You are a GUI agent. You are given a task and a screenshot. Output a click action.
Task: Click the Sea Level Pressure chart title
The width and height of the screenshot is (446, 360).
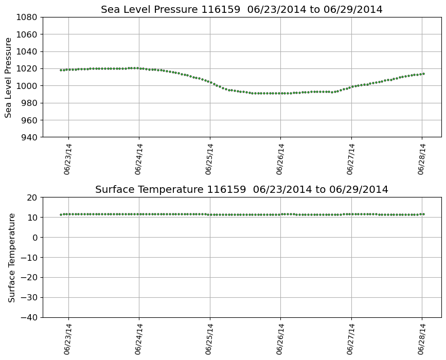[x=241, y=10]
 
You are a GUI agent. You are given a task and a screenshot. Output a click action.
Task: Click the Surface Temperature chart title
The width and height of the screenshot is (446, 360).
[x=241, y=190]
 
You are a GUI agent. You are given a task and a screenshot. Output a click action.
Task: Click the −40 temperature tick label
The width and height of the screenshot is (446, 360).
[x=29, y=317]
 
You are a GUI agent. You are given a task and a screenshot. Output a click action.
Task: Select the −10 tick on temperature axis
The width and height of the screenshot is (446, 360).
[x=29, y=257]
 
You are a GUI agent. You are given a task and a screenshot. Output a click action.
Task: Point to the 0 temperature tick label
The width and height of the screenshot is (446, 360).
[x=35, y=238]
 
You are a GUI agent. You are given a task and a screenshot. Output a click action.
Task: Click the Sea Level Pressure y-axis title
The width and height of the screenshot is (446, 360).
[x=9, y=77]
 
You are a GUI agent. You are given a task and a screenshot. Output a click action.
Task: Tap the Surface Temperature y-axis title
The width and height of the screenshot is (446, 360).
[x=11, y=257]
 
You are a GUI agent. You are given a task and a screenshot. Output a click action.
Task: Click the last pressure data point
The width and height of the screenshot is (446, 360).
[x=423, y=74]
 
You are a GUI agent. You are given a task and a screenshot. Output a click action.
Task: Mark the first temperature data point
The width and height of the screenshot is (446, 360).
[x=61, y=214]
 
